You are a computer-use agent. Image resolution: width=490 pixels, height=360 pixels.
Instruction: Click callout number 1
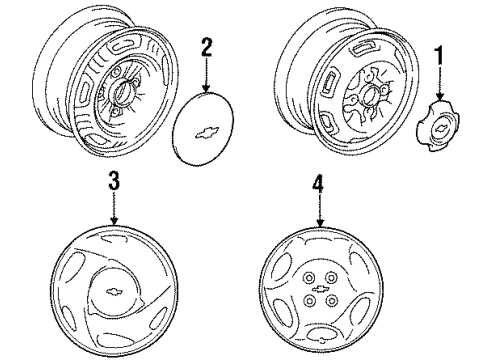[x=439, y=56]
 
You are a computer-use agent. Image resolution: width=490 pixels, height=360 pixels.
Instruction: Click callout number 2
[x=206, y=47]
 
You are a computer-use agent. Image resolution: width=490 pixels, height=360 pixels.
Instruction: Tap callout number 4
[x=319, y=183]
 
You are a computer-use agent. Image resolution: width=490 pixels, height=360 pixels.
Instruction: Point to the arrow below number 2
[x=206, y=75]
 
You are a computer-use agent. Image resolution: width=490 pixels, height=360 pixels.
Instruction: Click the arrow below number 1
[x=440, y=83]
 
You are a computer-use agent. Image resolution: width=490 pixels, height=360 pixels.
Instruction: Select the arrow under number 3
[x=114, y=209]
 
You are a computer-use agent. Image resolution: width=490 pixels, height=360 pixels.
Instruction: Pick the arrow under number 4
[x=320, y=211]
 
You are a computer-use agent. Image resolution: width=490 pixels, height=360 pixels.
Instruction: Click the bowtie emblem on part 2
[x=207, y=132]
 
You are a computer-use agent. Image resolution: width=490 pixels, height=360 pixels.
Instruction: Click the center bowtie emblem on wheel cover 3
[x=114, y=292]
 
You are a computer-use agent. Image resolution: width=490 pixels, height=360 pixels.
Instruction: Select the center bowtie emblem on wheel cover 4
[x=321, y=289]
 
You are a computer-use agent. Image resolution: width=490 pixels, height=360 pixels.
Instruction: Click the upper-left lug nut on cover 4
[x=308, y=277]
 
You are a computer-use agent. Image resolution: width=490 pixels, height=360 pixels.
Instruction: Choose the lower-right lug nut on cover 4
[x=331, y=301]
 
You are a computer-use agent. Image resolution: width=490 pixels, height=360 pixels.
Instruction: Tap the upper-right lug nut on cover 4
[x=331, y=277]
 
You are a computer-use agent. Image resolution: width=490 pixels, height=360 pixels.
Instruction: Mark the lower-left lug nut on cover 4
[x=310, y=301]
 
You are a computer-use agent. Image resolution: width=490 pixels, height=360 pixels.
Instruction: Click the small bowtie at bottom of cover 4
[x=322, y=340]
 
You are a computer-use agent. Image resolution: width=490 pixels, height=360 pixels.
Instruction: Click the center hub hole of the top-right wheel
[x=369, y=96]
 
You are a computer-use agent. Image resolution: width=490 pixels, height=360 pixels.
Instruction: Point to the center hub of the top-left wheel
[x=122, y=90]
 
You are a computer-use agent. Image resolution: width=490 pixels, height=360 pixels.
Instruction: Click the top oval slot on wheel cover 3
[x=113, y=238]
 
